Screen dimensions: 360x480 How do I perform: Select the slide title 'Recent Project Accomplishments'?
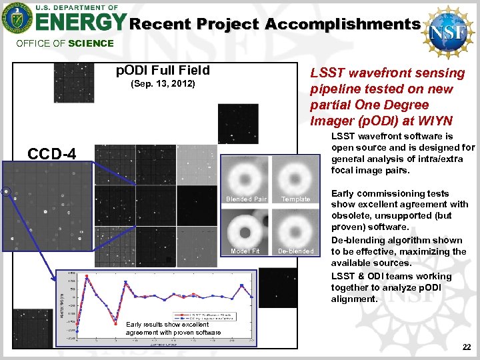pyautogui.click(x=274, y=25)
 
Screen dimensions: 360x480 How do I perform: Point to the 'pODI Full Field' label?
pyautogui.click(x=163, y=71)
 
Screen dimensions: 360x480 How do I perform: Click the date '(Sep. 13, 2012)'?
pyautogui.click(x=163, y=85)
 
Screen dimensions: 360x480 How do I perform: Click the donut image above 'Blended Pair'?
pyautogui.click(x=246, y=175)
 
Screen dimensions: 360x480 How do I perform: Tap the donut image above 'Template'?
pyautogui.click(x=294, y=175)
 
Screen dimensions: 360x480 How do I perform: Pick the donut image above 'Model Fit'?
pyautogui.click(x=246, y=227)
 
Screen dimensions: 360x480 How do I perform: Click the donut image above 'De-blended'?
pyautogui.click(x=294, y=227)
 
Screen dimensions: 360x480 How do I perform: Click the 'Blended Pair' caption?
pyautogui.click(x=246, y=199)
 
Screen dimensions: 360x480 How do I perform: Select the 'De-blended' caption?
pyautogui.click(x=295, y=251)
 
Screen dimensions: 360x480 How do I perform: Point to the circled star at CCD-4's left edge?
pyautogui.click(x=6, y=192)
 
